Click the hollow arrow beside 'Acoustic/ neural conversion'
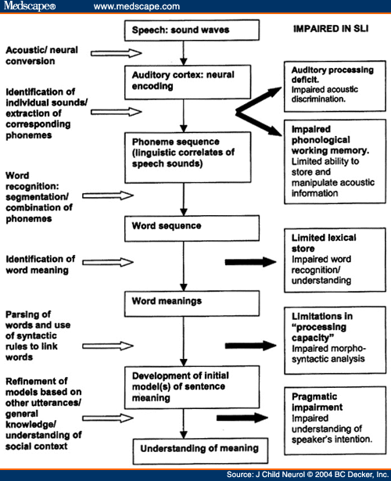coord(117,53)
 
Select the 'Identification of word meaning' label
coord(43,264)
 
